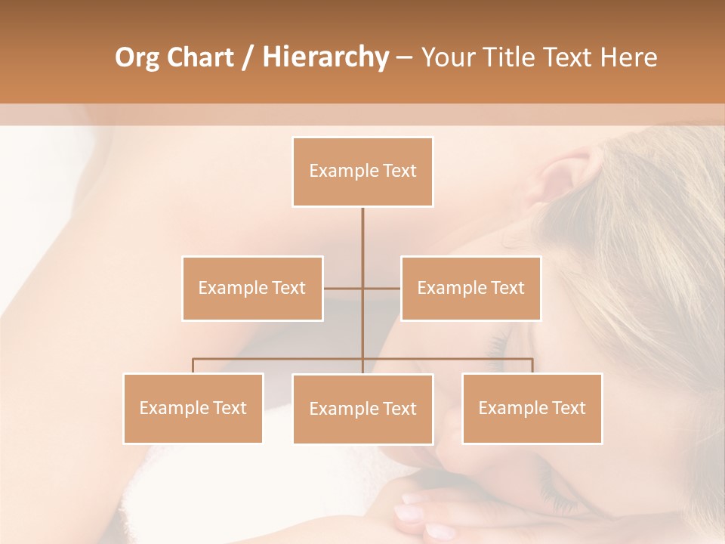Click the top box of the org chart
click(x=362, y=172)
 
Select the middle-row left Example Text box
click(x=252, y=288)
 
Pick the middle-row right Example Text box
click(x=470, y=288)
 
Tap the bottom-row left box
click(x=193, y=408)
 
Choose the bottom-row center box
click(x=362, y=409)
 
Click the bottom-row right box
click(x=532, y=408)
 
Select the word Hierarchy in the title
click(x=325, y=57)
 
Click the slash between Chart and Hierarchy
click(x=248, y=57)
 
